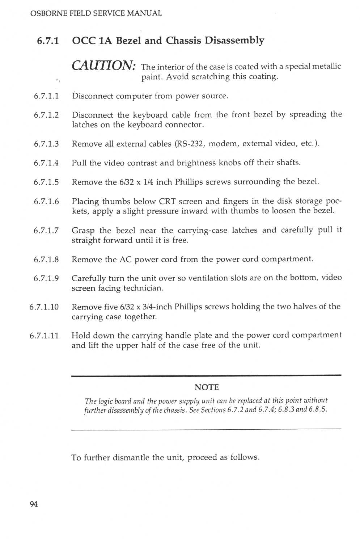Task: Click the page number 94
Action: pyautogui.click(x=34, y=504)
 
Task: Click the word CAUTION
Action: pyautogui.click(x=103, y=65)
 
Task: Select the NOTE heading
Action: pyautogui.click(x=207, y=387)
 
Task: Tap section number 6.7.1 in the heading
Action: pyautogui.click(x=48, y=41)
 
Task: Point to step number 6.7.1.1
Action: pyautogui.click(x=46, y=96)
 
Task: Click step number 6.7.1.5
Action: pyautogui.click(x=46, y=182)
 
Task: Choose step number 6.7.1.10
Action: pyautogui.click(x=44, y=307)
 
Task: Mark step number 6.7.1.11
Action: pyautogui.click(x=44, y=336)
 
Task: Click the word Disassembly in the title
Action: pyautogui.click(x=234, y=40)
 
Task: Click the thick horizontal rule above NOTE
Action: pyautogui.click(x=206, y=376)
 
